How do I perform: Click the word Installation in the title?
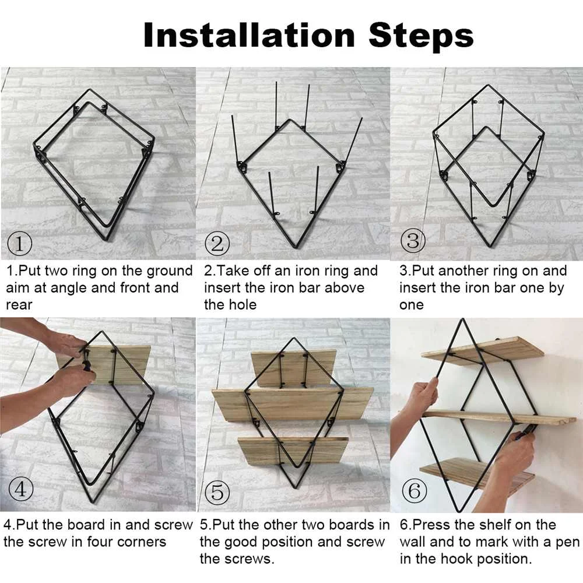click(x=249, y=35)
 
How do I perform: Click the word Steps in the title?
click(x=421, y=36)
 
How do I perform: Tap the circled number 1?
click(x=20, y=244)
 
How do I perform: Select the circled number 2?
click(x=217, y=244)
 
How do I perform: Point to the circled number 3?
click(x=413, y=241)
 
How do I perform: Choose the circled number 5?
click(x=217, y=492)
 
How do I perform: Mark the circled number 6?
click(x=414, y=490)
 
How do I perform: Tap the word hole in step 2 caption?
click(x=244, y=304)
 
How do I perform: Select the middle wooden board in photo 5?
click(x=293, y=405)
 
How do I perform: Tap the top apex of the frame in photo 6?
click(x=463, y=319)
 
